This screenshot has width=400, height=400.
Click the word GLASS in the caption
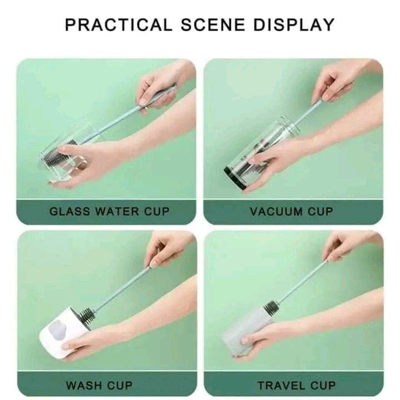point(68,212)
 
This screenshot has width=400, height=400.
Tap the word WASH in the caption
point(84,385)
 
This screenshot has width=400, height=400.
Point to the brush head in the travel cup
point(271,307)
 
